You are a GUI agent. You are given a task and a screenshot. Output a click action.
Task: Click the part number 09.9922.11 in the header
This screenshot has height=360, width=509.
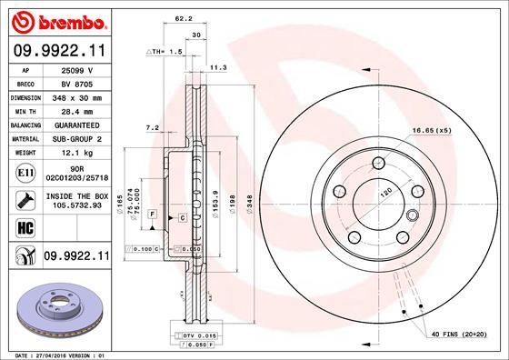click(x=56, y=51)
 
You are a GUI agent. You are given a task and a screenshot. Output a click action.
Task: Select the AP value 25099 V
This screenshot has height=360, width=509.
click(x=78, y=71)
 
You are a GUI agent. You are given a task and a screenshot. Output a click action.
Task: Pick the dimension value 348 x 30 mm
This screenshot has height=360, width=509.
click(x=78, y=97)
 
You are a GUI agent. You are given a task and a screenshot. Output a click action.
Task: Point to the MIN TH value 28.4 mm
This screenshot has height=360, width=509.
click(x=78, y=111)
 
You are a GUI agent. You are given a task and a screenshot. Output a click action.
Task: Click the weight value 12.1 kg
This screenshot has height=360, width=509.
click(x=78, y=152)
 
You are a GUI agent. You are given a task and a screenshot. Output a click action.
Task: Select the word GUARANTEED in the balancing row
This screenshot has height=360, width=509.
click(x=78, y=125)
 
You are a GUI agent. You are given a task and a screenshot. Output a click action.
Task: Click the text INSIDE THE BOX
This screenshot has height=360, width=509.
click(x=78, y=195)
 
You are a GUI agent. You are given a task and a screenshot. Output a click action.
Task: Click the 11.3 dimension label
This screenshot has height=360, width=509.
click(x=218, y=67)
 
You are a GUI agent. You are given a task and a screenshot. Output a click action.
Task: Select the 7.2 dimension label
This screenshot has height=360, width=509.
click(x=152, y=128)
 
